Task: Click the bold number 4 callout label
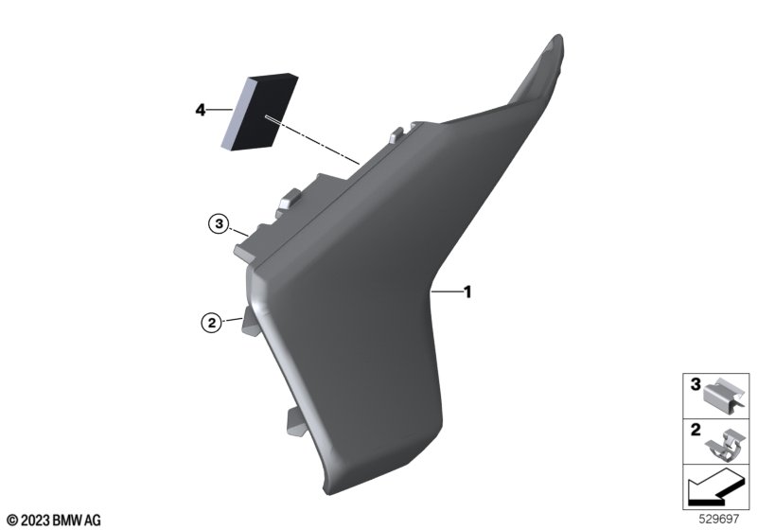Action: (x=200, y=110)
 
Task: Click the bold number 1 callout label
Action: (x=467, y=292)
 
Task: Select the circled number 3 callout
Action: (x=220, y=224)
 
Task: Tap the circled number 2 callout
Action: (x=211, y=323)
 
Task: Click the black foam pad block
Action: (x=259, y=112)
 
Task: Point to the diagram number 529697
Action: (x=719, y=519)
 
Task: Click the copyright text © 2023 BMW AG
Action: (x=55, y=521)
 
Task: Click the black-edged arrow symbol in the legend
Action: (x=714, y=487)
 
